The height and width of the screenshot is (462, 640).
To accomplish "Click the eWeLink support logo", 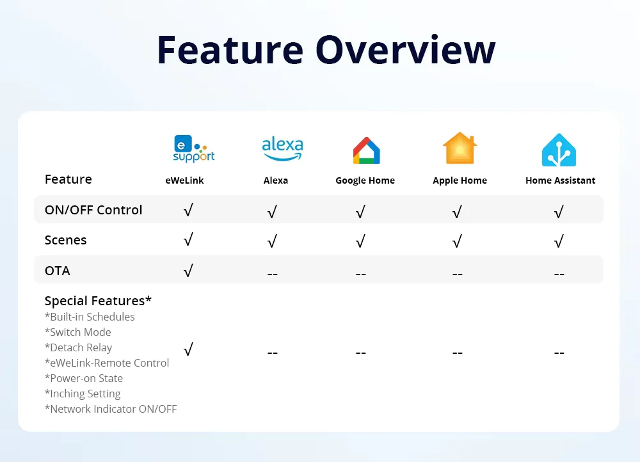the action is click(194, 149).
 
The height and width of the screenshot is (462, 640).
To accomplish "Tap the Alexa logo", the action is click(282, 149).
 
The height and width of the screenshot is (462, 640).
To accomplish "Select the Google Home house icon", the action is click(367, 150).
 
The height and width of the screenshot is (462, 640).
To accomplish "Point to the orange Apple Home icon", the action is click(460, 148).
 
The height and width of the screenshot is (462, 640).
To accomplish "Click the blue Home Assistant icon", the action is click(559, 150).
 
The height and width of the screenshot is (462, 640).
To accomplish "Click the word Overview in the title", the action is click(405, 50).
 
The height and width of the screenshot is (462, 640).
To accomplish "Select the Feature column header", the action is click(68, 179).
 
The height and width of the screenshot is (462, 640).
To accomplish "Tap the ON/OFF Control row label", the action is click(93, 210).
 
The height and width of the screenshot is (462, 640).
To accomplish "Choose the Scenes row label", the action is click(66, 240).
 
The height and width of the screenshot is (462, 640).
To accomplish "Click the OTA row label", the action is click(58, 271).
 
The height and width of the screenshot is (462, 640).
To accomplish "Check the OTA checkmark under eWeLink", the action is click(188, 271).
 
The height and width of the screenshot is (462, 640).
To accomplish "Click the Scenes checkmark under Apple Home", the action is click(457, 241).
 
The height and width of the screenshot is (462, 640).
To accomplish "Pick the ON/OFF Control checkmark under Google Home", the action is click(360, 211).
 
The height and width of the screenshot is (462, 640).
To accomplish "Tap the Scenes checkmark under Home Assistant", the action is click(559, 241).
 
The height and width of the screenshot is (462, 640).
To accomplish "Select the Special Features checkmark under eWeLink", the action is click(188, 349).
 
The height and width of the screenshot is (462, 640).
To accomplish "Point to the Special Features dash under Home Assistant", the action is click(559, 353).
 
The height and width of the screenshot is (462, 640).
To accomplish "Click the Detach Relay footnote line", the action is click(78, 347).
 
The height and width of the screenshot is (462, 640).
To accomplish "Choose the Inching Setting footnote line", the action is click(83, 394).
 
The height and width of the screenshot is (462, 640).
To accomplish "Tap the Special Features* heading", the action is click(98, 301).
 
